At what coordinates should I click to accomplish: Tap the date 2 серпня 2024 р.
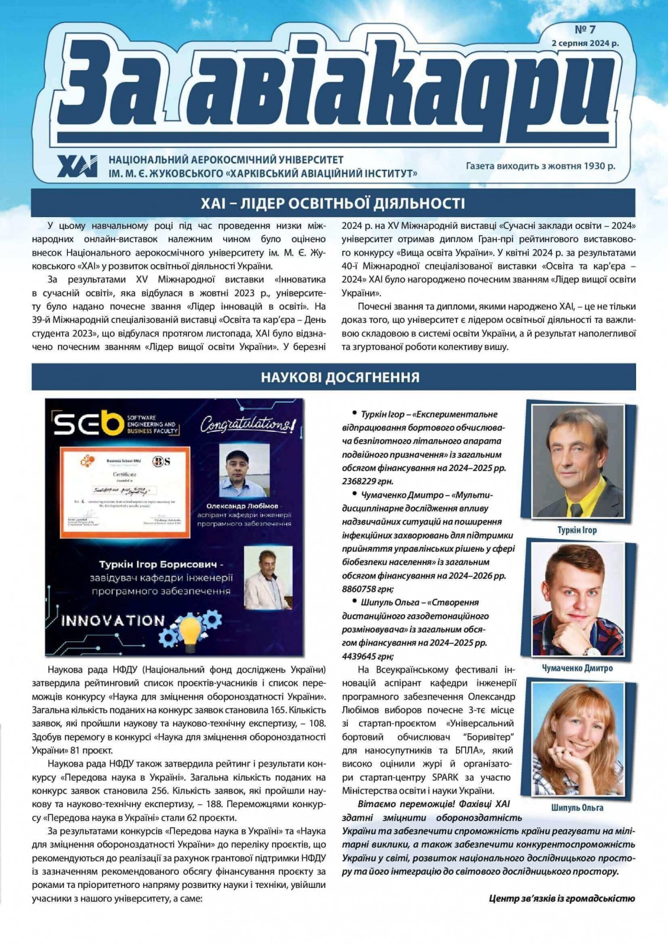[585, 43]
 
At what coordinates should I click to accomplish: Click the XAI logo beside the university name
[77, 166]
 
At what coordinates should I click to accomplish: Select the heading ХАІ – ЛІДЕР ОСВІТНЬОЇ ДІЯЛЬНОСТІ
[333, 204]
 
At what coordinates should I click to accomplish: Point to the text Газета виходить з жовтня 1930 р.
[540, 166]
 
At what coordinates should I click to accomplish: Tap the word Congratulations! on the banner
[247, 424]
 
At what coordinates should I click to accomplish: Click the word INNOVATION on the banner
[113, 620]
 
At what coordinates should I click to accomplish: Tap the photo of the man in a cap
[244, 470]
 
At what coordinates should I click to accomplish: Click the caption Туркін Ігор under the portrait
[576, 530]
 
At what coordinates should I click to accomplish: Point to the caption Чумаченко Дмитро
[576, 668]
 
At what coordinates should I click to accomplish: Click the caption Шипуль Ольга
[576, 808]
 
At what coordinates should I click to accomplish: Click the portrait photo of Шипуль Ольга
[577, 739]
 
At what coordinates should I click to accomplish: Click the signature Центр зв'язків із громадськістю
[561, 899]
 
